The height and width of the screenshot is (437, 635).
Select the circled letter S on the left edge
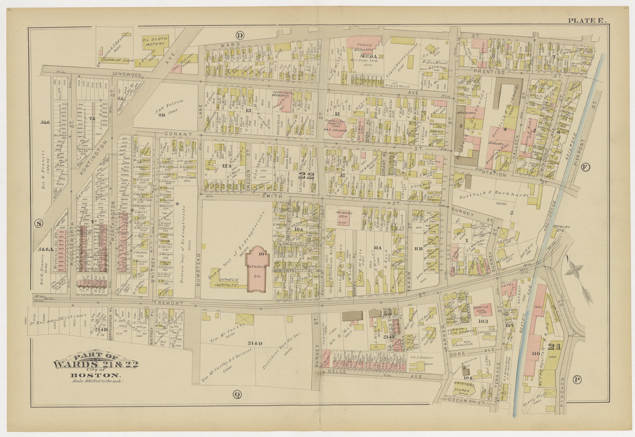(39, 223)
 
